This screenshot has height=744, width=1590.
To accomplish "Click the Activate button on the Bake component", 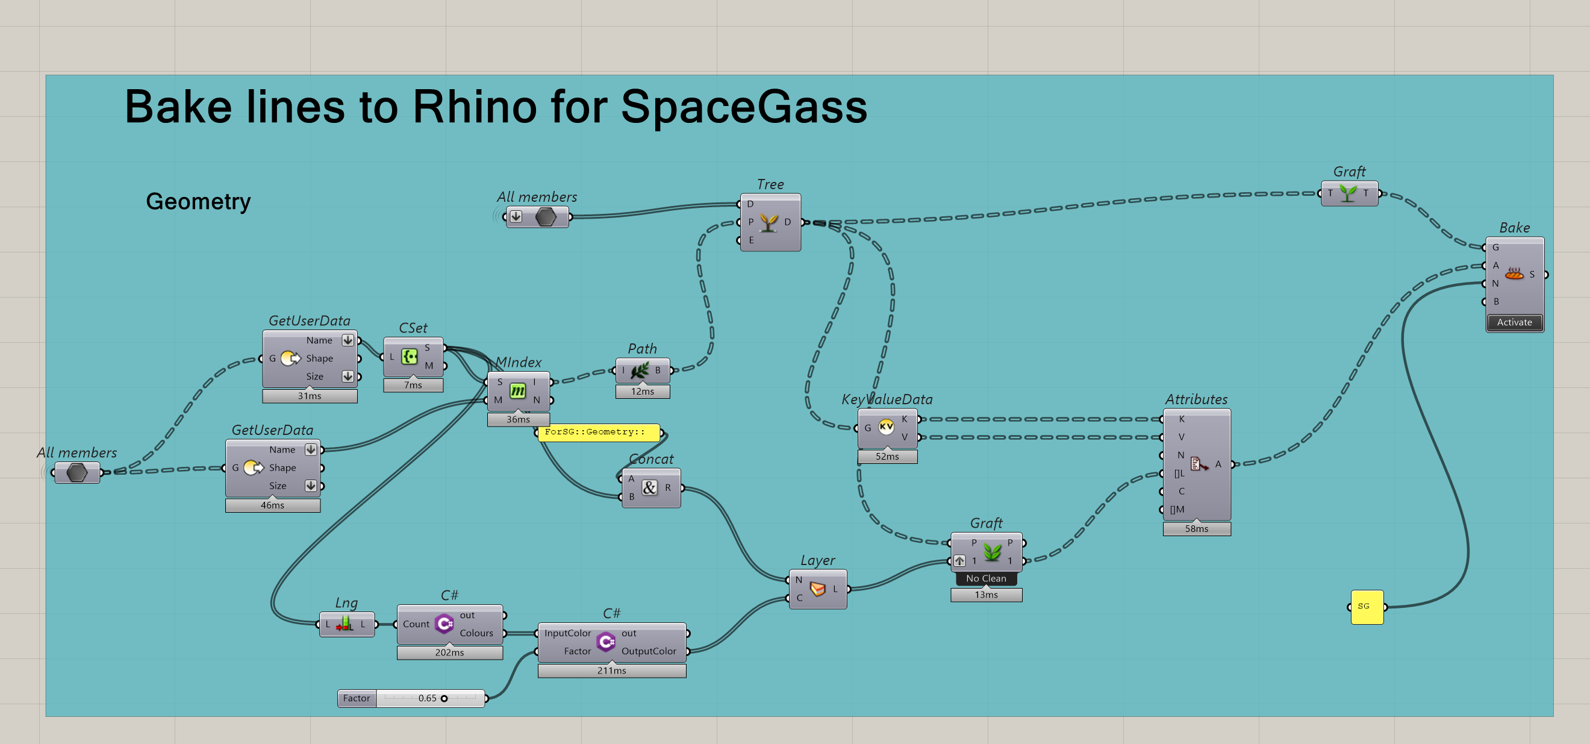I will (x=1514, y=322).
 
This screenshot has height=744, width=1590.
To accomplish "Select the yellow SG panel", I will (x=1367, y=607).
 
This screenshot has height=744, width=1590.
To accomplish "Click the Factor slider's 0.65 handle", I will (x=444, y=698).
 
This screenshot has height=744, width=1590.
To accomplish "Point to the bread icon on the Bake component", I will (x=1514, y=274).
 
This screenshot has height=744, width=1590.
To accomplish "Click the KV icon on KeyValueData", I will (x=886, y=427).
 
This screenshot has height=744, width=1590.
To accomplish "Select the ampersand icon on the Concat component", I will (x=649, y=488).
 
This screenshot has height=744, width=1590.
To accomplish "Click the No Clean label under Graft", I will (x=986, y=578).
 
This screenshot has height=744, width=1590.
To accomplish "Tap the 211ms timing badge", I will (x=611, y=671).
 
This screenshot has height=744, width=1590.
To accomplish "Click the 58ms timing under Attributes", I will (x=1196, y=528).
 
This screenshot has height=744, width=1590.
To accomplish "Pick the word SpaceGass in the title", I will (x=743, y=107).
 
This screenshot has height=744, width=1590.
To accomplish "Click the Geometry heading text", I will (x=198, y=201).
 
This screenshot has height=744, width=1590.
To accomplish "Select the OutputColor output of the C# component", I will (x=648, y=651).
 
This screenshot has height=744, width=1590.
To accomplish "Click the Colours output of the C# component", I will (x=476, y=633).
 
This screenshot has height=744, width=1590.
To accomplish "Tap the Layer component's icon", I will (x=817, y=589).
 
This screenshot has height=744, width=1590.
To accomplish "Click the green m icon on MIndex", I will (x=517, y=391).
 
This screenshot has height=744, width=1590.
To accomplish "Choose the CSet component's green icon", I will (x=409, y=356).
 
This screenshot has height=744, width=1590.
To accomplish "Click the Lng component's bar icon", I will (x=345, y=624).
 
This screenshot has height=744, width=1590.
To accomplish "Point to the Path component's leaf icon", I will (x=640, y=370).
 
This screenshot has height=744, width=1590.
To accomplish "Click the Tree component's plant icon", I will (x=768, y=222).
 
